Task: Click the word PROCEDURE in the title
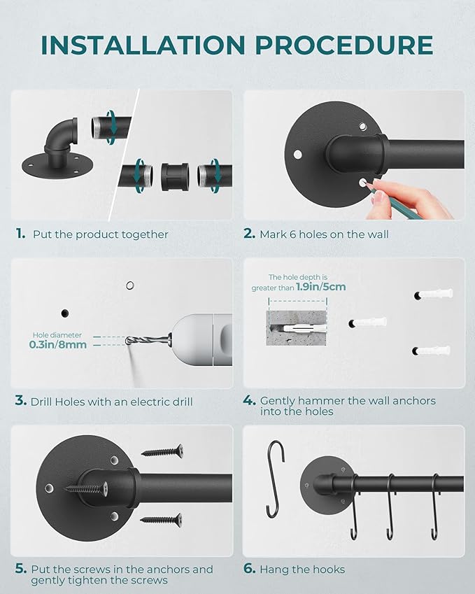click(x=343, y=45)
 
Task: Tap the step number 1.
click(x=20, y=234)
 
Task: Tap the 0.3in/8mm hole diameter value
click(x=58, y=344)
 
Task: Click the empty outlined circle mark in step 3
click(x=129, y=285)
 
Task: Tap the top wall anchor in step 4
click(x=434, y=295)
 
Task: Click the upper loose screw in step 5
click(x=162, y=452)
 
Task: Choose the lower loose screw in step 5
click(x=162, y=519)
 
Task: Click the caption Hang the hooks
click(x=302, y=570)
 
